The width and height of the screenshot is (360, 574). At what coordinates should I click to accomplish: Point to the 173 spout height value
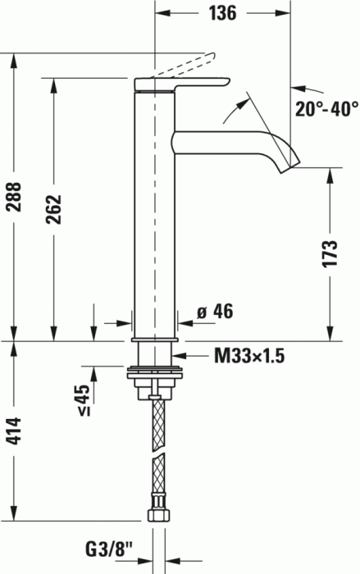329,253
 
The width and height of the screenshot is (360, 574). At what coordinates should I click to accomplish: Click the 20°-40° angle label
326,107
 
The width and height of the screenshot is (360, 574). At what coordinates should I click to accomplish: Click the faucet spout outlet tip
287,166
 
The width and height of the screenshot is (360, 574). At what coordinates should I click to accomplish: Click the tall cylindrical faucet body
153,213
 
